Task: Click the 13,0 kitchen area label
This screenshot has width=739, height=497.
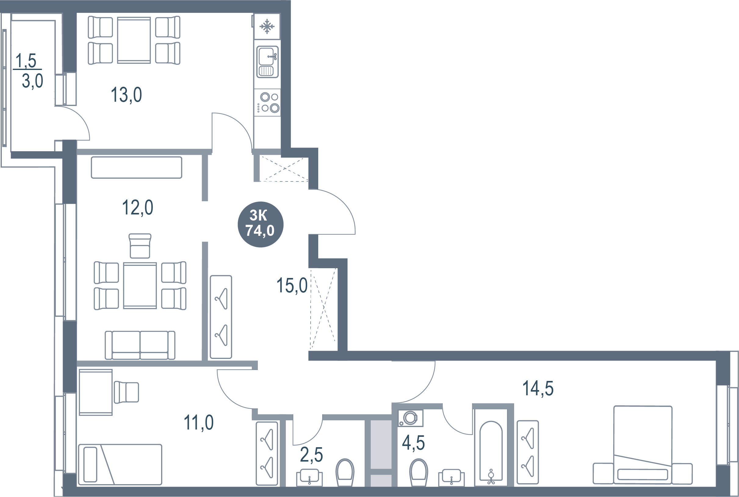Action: (126, 95)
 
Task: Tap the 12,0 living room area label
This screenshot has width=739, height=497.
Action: (137, 208)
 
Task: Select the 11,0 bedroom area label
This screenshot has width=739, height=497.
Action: (199, 422)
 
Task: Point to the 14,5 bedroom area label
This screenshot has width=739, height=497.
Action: (538, 388)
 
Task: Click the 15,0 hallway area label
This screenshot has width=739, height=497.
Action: (292, 286)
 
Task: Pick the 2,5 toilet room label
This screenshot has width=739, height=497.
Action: (311, 455)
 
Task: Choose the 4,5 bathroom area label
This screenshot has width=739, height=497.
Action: (413, 443)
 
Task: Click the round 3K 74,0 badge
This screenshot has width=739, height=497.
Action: (260, 224)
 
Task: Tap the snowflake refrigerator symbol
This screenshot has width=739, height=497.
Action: (267, 26)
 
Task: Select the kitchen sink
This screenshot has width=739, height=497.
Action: (267, 62)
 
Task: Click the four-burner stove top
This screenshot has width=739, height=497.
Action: (268, 102)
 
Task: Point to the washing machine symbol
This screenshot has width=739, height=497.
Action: (410, 418)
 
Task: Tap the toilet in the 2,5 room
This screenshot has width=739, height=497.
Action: (345, 472)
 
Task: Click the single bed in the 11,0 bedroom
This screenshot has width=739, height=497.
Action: (120, 464)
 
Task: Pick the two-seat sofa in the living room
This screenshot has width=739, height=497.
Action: (140, 345)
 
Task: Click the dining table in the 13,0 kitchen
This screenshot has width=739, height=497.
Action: (134, 40)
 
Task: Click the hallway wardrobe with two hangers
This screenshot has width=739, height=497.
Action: (221, 317)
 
